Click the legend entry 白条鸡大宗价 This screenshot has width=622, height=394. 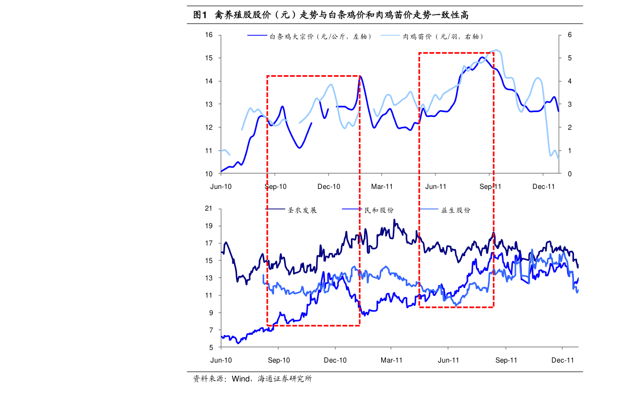[309, 37]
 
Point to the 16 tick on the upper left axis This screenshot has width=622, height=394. [209, 35]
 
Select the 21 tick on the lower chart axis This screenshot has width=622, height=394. [209, 209]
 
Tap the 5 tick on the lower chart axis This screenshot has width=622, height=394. [211, 348]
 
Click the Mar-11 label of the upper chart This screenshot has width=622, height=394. [382, 186]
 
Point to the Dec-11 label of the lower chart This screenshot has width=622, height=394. [563, 360]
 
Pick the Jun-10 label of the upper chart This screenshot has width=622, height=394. [221, 186]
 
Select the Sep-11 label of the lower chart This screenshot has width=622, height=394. [506, 360]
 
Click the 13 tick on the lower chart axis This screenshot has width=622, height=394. [209, 278]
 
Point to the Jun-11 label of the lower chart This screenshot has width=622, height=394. [448, 360]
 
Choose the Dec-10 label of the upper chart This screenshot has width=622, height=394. [329, 186]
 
